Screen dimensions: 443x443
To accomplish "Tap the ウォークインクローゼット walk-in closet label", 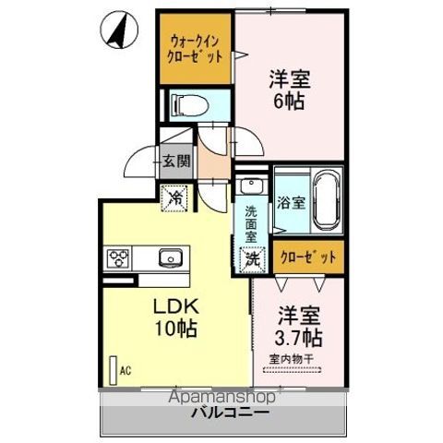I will coord(195,48).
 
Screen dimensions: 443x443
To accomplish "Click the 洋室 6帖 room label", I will coord(290,90).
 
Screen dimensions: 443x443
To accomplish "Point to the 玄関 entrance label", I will coord(178,162).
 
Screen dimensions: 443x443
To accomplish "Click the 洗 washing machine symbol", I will coord(252,259).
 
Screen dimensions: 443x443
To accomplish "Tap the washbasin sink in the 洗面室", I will coord(250,186).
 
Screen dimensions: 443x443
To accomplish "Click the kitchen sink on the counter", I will coord(170,257).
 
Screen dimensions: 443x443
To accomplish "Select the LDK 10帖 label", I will coord(172,317).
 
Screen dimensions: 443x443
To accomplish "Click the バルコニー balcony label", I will coord(231,413).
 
